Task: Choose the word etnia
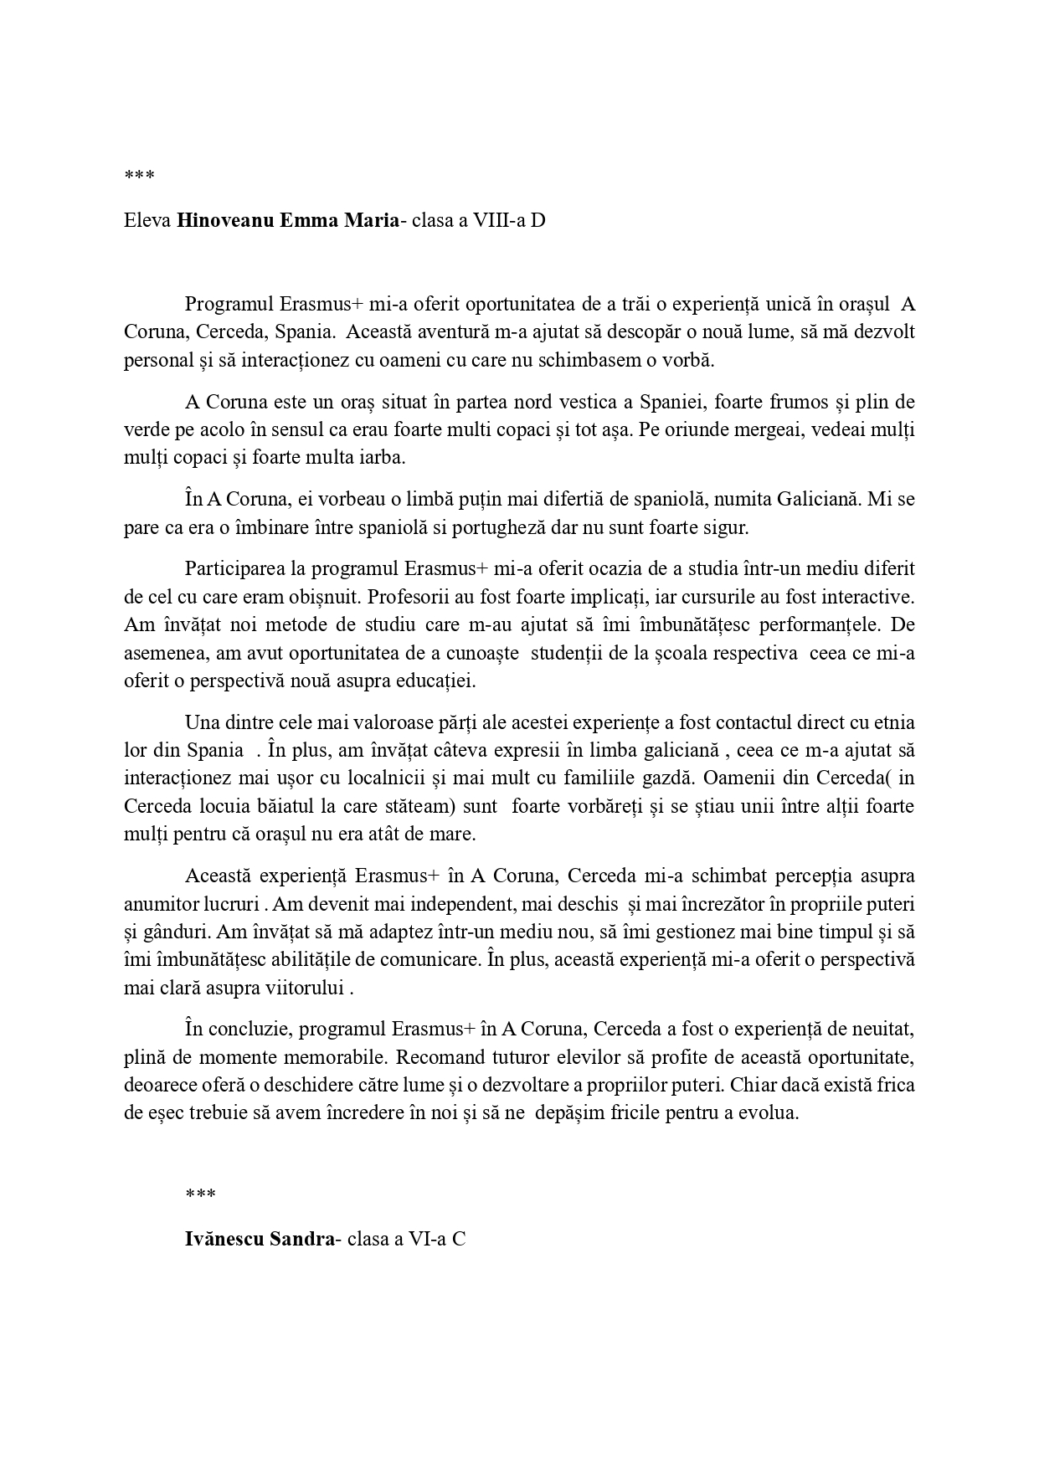[x=894, y=722]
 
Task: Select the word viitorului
[x=306, y=989]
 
